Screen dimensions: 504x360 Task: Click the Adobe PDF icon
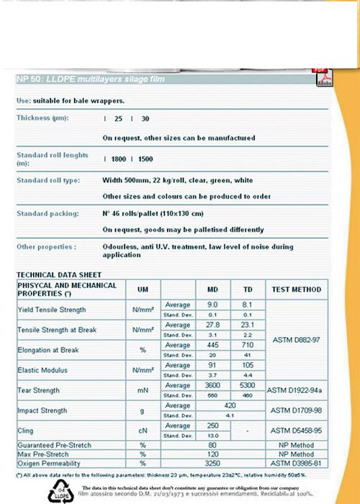(x=324, y=77)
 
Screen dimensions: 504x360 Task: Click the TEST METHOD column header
(x=296, y=289)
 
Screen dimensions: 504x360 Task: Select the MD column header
(x=212, y=289)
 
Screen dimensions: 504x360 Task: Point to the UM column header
(x=143, y=289)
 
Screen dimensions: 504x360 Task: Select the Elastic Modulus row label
(x=41, y=370)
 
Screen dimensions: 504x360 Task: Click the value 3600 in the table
(x=212, y=385)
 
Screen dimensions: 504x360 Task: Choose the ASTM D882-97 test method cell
(x=296, y=340)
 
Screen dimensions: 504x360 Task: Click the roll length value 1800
(x=119, y=158)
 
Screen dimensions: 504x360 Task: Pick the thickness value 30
(x=146, y=118)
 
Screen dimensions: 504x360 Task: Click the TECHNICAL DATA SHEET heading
(x=59, y=275)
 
